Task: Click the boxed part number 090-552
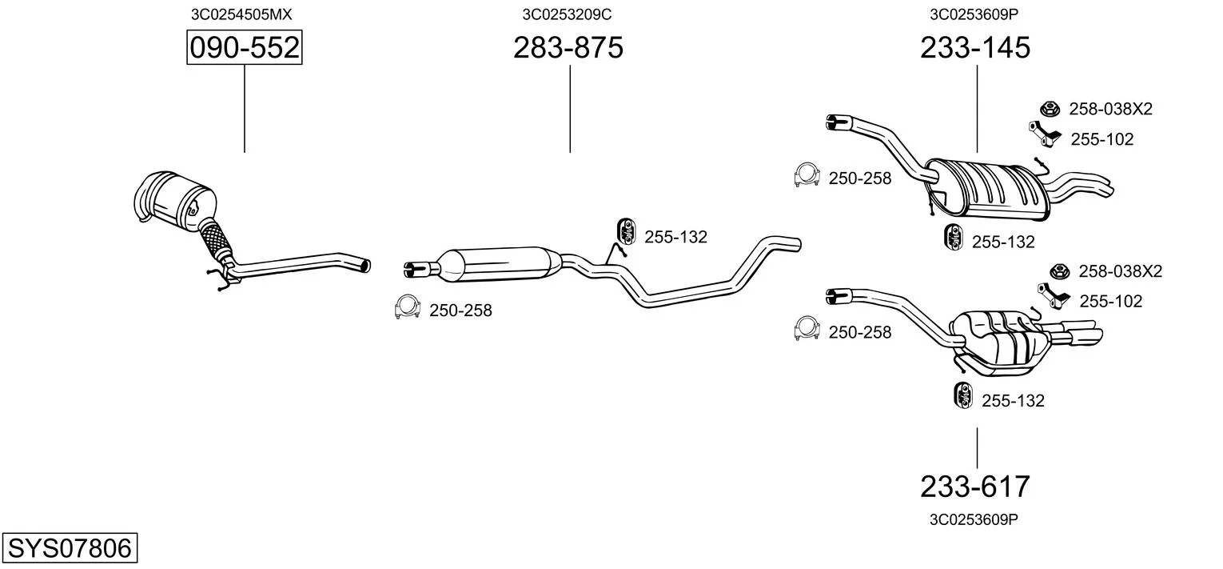[244, 47]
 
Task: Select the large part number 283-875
[568, 47]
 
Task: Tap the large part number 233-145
[975, 47]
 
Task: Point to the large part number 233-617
[975, 486]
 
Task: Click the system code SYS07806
[70, 547]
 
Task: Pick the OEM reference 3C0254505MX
[241, 14]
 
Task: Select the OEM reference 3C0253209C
[567, 14]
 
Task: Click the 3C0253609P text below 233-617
[974, 519]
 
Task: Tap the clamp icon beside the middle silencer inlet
[408, 307]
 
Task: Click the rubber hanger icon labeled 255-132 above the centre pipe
[627, 232]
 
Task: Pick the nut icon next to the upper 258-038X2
[1050, 109]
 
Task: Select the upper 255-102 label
[1101, 139]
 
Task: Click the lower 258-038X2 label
[1121, 271]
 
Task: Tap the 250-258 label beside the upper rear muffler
[860, 178]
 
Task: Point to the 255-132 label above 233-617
[1013, 401]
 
